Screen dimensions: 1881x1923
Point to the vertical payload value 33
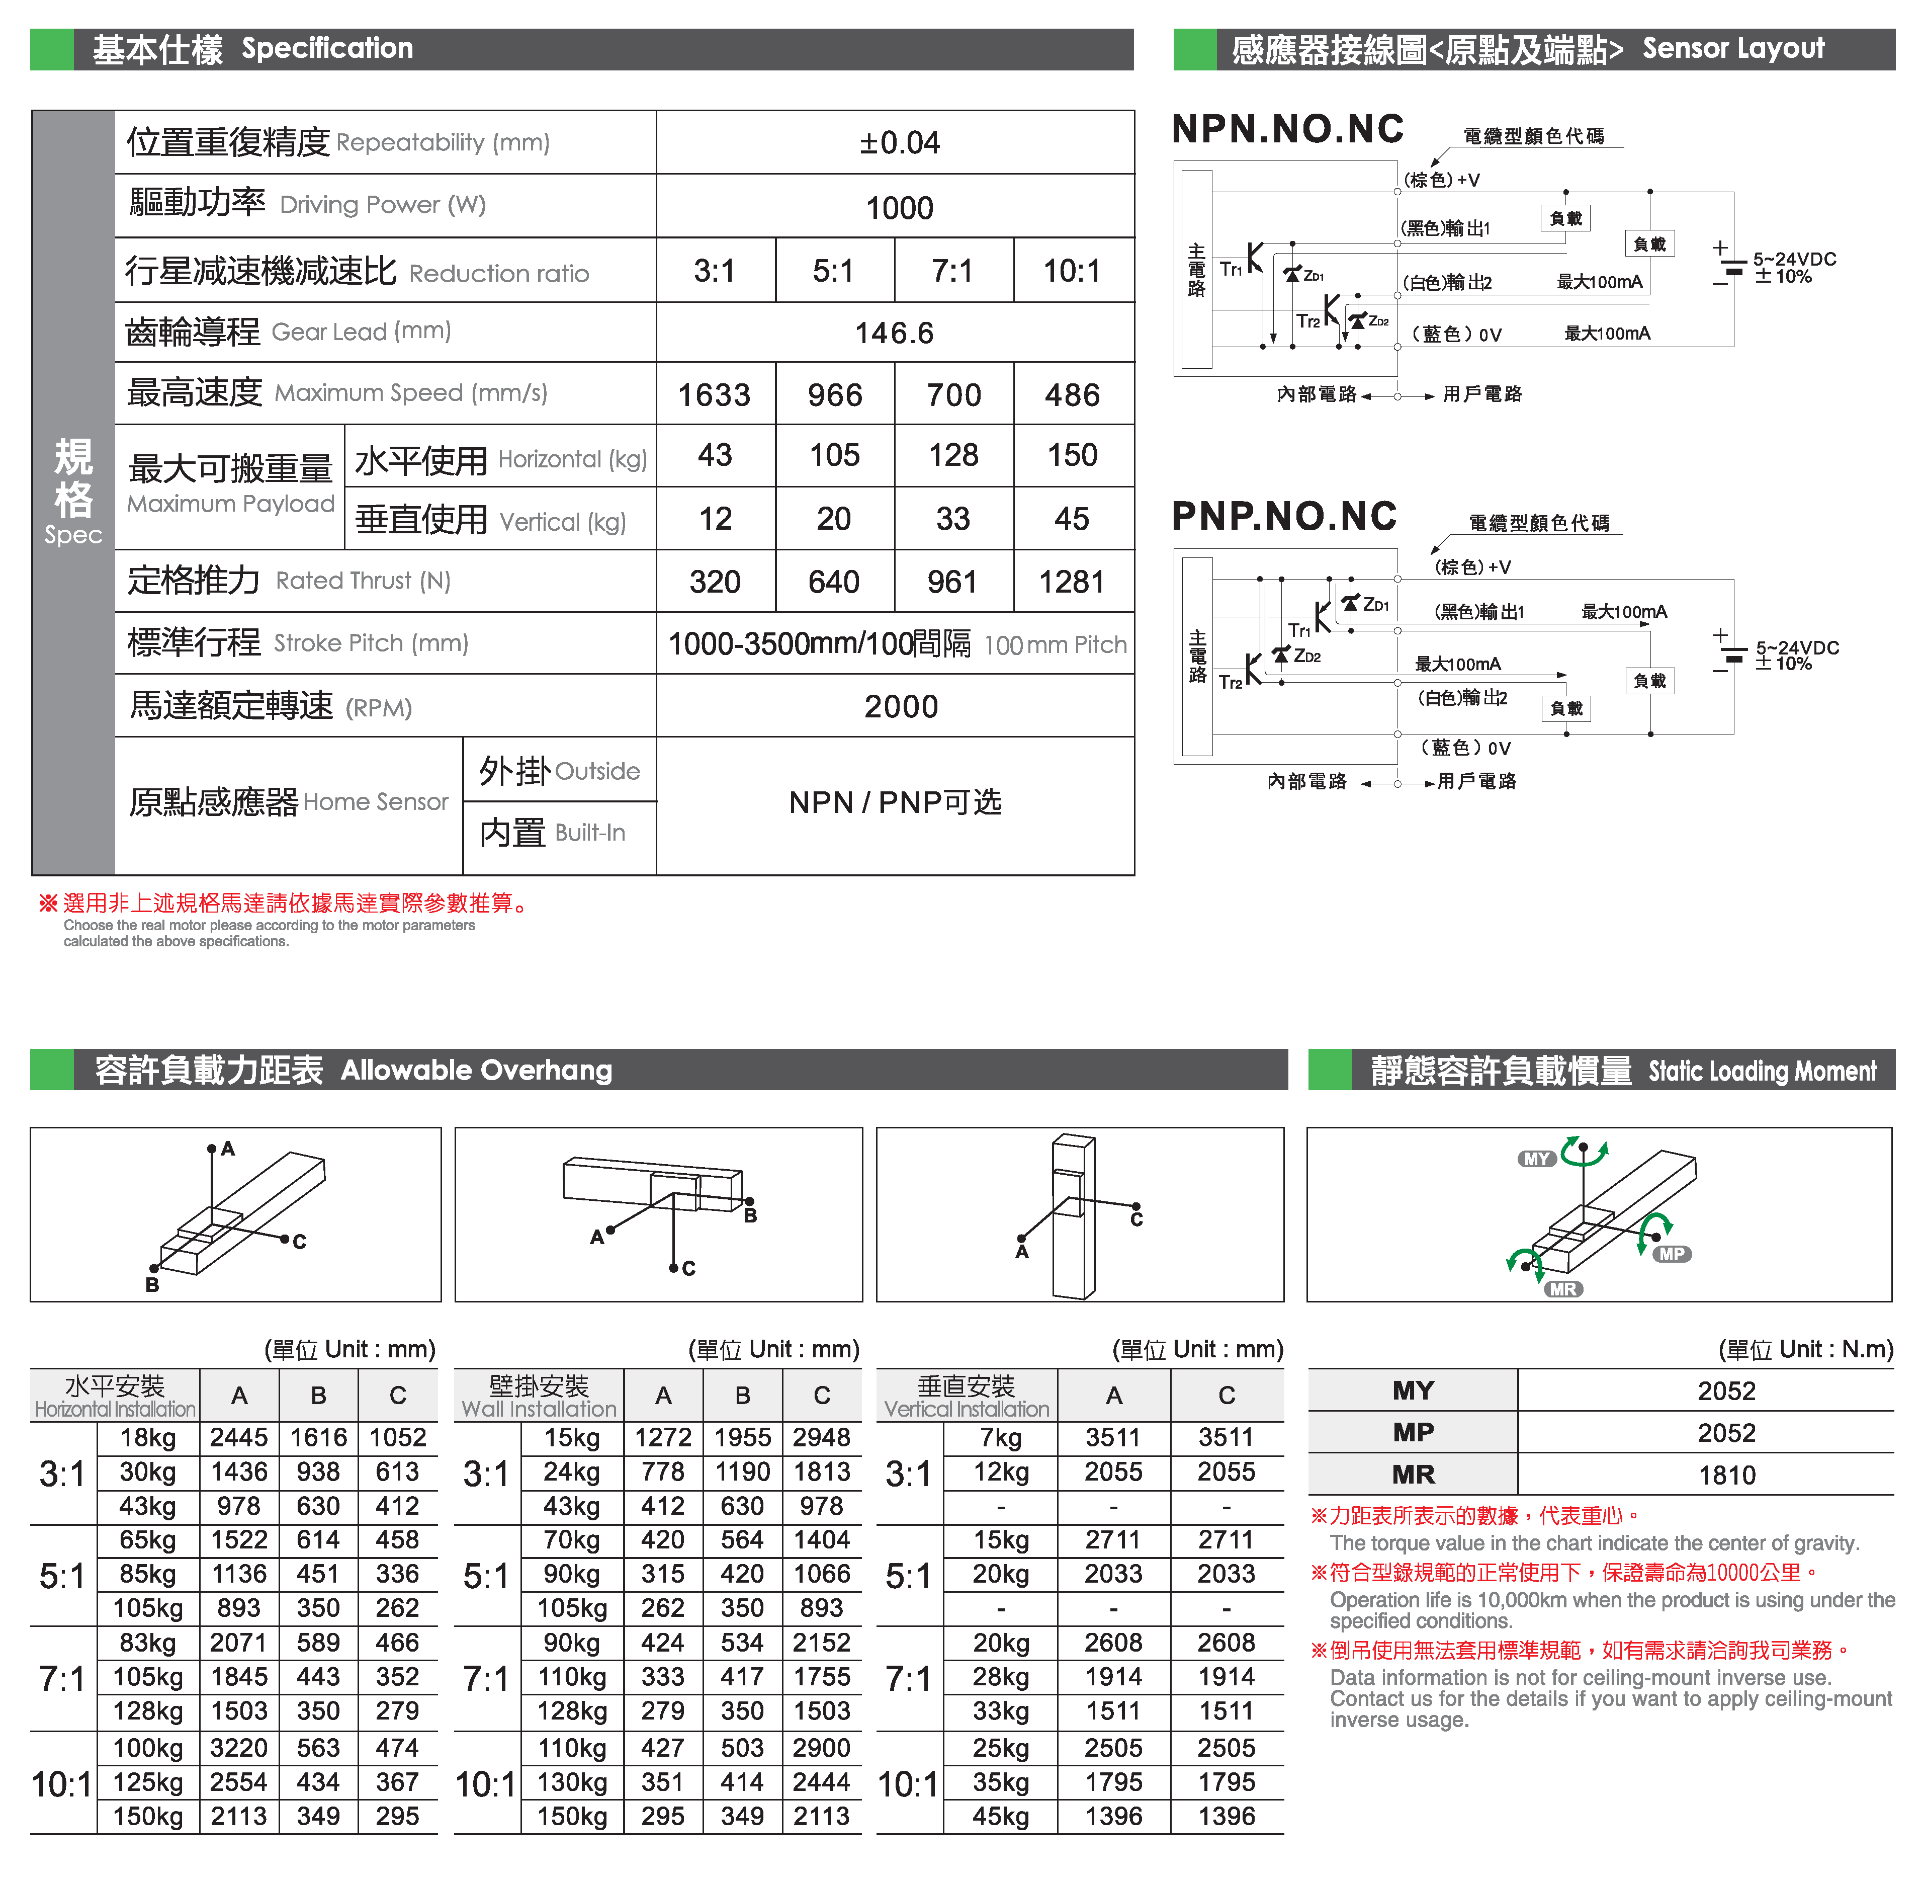click(x=953, y=519)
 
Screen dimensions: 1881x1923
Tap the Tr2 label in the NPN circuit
click(x=1307, y=321)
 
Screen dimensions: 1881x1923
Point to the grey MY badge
click(x=1537, y=1159)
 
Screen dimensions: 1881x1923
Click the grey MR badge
click(x=1562, y=1289)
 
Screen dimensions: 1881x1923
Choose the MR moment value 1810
click(x=1726, y=1475)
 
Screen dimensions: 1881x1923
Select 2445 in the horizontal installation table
click(x=239, y=1437)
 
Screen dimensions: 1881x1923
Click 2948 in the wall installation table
click(x=822, y=1437)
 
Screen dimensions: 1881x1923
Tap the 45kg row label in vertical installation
click(x=1001, y=1816)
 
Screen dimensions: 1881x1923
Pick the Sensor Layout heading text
click(x=1733, y=48)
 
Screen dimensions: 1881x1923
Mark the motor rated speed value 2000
click(x=901, y=706)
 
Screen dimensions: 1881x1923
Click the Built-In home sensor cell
click(x=553, y=833)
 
